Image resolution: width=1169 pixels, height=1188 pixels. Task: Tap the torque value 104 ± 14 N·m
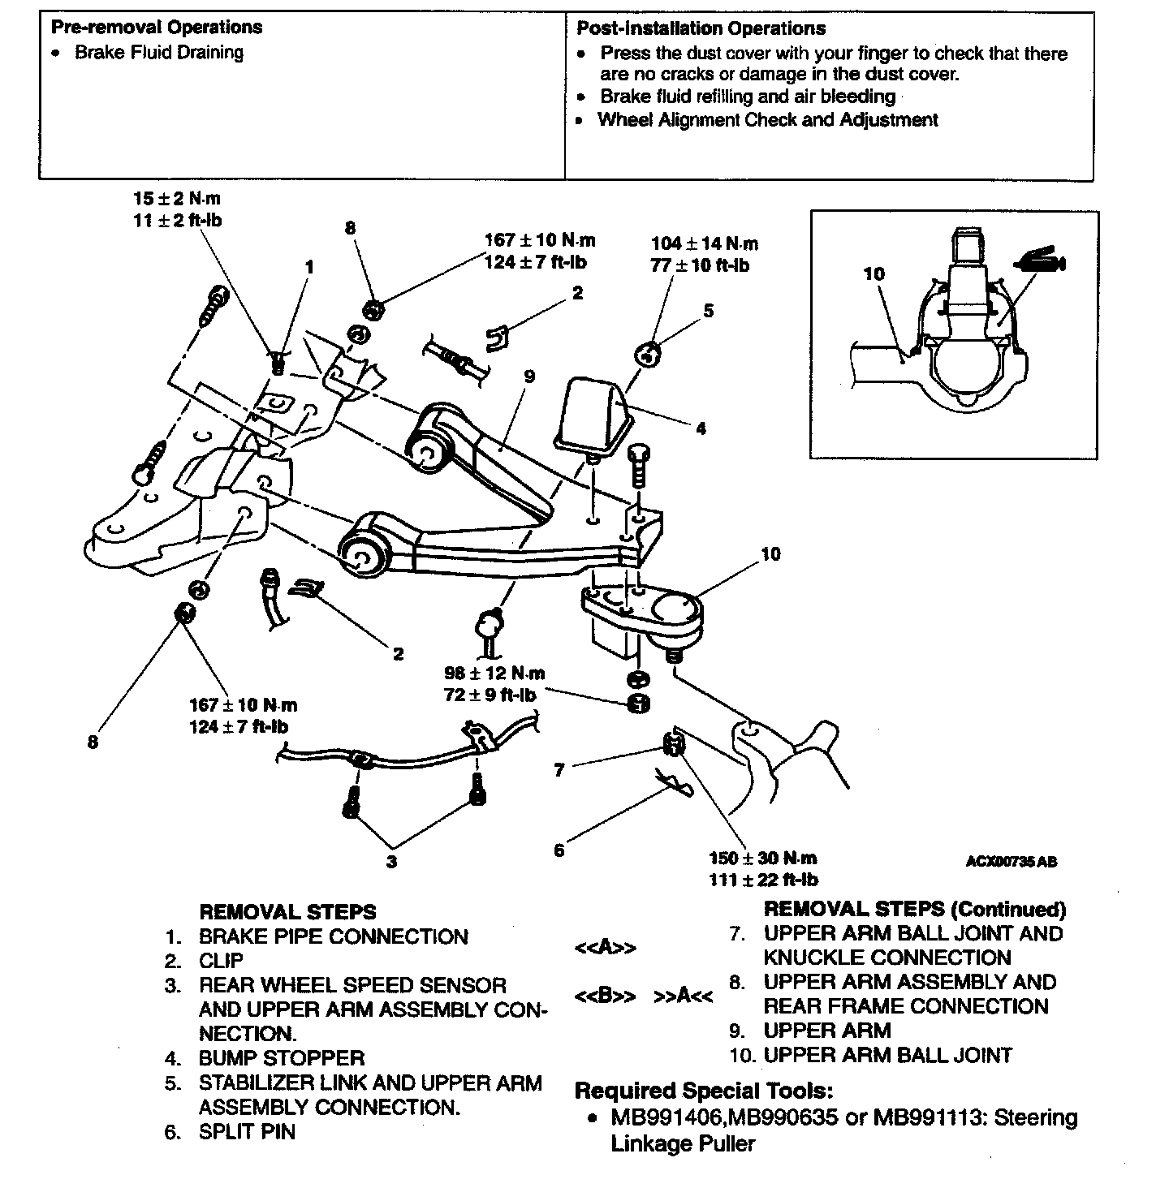click(x=704, y=243)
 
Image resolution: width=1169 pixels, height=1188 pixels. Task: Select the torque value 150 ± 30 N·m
click(x=762, y=859)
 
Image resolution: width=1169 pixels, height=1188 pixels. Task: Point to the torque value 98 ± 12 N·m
click(x=494, y=674)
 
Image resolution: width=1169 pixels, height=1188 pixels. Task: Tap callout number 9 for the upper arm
click(x=529, y=377)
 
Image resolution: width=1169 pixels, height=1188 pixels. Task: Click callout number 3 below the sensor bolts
click(x=392, y=862)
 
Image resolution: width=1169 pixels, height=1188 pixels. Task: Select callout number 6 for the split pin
click(x=559, y=850)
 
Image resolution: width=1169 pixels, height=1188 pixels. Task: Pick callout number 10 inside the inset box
click(x=874, y=274)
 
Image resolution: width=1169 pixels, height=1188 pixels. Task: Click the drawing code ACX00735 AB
click(x=1011, y=862)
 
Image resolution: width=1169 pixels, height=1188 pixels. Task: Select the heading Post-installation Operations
click(x=701, y=28)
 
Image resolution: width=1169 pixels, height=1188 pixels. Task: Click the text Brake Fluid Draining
click(x=159, y=53)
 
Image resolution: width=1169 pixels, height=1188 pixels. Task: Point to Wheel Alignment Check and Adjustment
click(x=767, y=120)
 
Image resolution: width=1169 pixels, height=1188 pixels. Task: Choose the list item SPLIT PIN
click(x=247, y=1131)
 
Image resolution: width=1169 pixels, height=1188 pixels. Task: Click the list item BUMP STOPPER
click(x=281, y=1058)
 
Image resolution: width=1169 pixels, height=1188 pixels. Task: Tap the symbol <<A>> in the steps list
click(x=605, y=948)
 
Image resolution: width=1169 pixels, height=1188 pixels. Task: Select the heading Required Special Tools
click(x=703, y=1090)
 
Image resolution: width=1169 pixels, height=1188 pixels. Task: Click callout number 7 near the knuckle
click(x=559, y=770)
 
